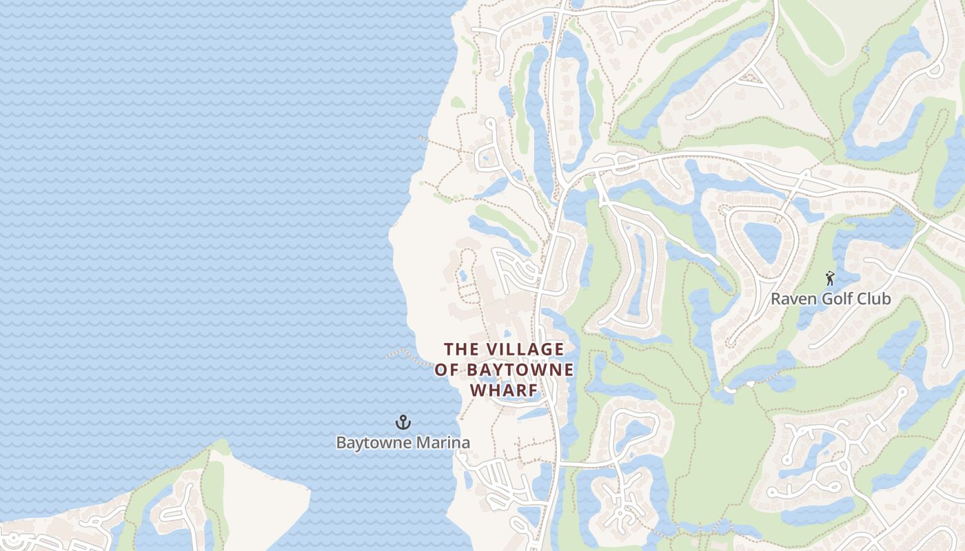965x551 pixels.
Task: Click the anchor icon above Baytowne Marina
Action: click(403, 422)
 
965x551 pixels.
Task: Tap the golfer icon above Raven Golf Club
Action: click(830, 278)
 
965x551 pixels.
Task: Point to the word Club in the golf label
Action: click(872, 299)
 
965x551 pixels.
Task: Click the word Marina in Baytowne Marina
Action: click(444, 442)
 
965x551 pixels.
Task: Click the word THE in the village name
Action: click(460, 349)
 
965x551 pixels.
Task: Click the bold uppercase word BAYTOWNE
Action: click(520, 370)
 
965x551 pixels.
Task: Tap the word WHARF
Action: click(504, 391)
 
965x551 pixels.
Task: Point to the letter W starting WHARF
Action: click(477, 391)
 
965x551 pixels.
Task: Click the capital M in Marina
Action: click(421, 442)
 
